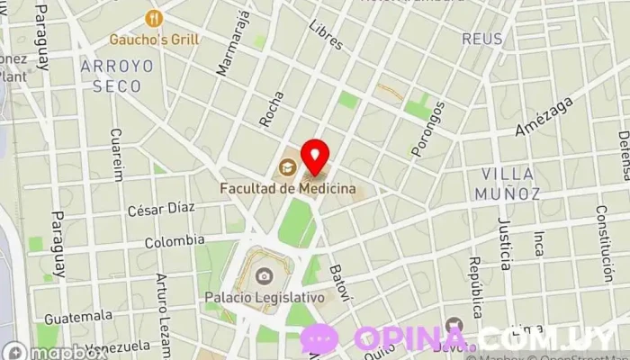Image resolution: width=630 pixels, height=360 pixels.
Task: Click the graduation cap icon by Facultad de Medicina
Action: tap(287, 166)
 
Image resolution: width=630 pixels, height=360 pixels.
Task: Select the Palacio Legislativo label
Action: tap(264, 296)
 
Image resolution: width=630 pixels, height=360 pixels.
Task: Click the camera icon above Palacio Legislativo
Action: tap(265, 275)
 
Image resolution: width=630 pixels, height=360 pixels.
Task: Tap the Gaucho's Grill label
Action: tap(154, 39)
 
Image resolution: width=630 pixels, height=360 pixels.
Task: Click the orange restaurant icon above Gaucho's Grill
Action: tap(155, 18)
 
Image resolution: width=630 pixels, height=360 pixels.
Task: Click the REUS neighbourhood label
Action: tap(482, 39)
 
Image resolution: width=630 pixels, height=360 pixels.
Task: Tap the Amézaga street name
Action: tap(545, 117)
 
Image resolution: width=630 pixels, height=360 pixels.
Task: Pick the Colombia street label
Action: tap(175, 241)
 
